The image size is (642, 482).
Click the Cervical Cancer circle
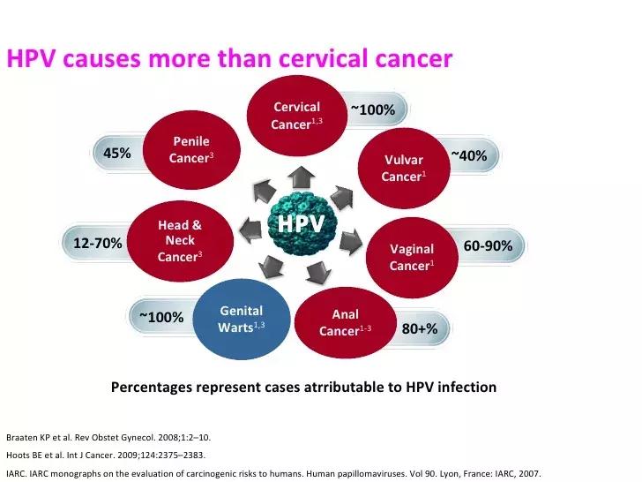pyautogui.click(x=296, y=115)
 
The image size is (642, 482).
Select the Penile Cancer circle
pyautogui.click(x=190, y=150)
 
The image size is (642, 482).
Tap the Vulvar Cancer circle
pyautogui.click(x=403, y=168)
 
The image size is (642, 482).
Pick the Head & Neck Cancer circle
pyautogui.click(x=180, y=240)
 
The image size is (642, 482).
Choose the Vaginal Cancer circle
pyautogui.click(x=411, y=256)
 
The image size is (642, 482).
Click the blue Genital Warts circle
pyautogui.click(x=241, y=319)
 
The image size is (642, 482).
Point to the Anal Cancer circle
pyautogui.click(x=345, y=323)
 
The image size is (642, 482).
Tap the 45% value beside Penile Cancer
pyautogui.click(x=117, y=154)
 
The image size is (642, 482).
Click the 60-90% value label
pyautogui.click(x=488, y=245)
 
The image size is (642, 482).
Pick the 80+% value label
pyautogui.click(x=420, y=328)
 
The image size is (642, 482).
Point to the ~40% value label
pyautogui.click(x=468, y=156)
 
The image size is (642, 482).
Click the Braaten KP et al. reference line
pyautogui.click(x=108, y=437)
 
